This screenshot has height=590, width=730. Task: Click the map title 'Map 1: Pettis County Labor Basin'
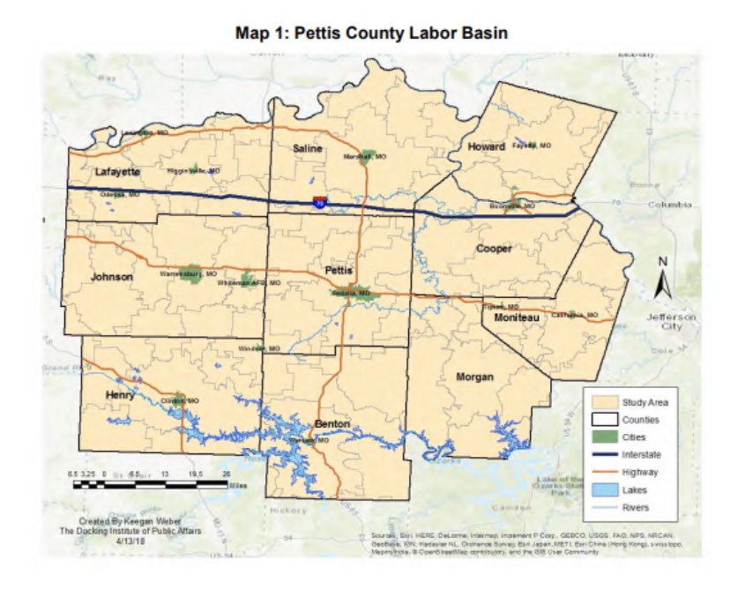click(364, 34)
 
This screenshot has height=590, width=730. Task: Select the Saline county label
click(309, 149)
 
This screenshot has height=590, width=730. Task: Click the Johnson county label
click(112, 277)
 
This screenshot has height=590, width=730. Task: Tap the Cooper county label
click(494, 249)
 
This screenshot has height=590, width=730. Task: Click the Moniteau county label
click(517, 317)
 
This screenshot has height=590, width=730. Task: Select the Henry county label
click(119, 395)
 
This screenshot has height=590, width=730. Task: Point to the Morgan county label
click(475, 377)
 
